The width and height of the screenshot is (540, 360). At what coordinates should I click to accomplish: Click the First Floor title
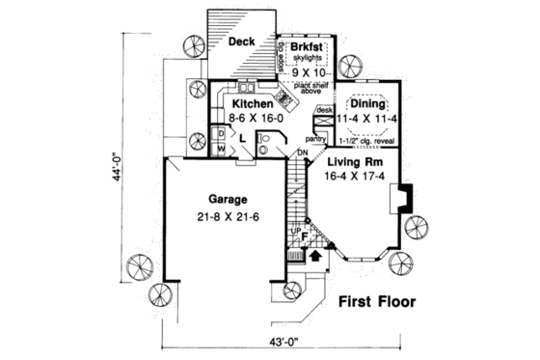tap(377, 302)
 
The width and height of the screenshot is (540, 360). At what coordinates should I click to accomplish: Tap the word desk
tap(325, 111)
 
